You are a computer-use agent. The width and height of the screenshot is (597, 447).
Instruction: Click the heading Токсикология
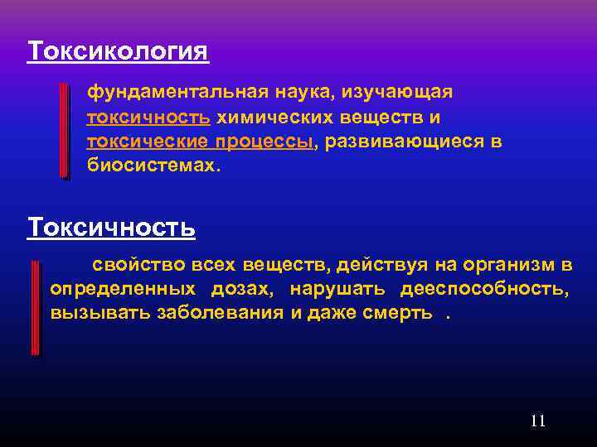tap(118, 51)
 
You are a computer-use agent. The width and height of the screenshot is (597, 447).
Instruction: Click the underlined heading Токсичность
tap(111, 226)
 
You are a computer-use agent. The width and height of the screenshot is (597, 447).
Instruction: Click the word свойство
tap(138, 265)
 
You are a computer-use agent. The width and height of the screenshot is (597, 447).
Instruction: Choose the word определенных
tap(123, 289)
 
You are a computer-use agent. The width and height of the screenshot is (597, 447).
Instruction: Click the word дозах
tap(240, 289)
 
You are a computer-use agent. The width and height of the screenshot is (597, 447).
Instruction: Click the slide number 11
tap(537, 421)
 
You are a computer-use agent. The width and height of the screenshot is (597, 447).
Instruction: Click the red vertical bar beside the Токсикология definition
tap(65, 130)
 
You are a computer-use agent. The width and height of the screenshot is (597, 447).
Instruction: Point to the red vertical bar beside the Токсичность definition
tap(35, 307)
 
